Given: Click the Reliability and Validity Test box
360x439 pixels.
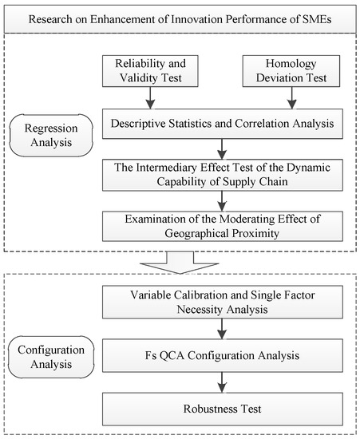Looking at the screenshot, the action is coord(150,71).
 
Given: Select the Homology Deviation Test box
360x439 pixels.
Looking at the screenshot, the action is coord(291,71).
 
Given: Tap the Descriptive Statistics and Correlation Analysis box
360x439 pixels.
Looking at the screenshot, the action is coord(223,124).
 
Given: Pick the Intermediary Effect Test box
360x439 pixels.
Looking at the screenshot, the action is coord(223,175).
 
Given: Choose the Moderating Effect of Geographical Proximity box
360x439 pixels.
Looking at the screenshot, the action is coord(223,226).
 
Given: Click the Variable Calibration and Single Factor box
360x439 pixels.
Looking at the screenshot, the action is coord(223,302).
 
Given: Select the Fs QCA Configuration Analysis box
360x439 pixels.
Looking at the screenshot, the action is coord(223,355).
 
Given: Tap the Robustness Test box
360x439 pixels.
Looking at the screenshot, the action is coord(223,409).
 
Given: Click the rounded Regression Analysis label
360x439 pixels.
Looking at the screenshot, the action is coord(51,135).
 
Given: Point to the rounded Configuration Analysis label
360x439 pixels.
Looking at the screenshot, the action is coord(51,357).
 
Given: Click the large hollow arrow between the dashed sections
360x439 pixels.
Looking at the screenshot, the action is coord(180,263).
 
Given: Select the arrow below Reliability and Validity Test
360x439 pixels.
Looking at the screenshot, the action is coord(150,97).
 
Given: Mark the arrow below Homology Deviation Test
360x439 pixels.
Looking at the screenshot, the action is coord(292,97).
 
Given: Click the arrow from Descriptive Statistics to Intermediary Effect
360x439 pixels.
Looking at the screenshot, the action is coord(222,149).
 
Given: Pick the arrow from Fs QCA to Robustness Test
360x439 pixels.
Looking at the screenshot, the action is coord(222,382).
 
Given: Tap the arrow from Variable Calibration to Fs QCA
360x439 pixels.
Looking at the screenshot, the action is coord(222,329).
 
